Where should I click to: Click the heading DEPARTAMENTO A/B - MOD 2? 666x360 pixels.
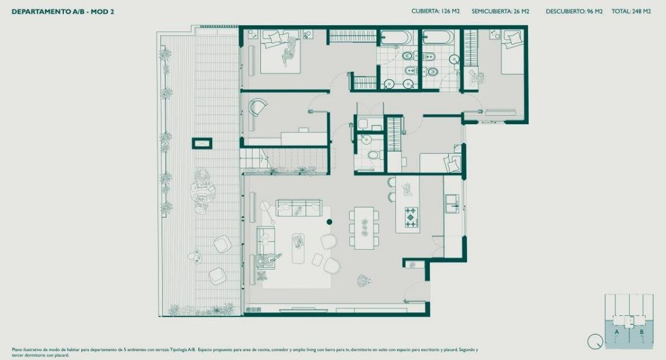[x=63, y=12]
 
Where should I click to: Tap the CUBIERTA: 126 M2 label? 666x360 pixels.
[x=435, y=11]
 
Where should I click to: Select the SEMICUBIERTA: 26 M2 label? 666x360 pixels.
[x=500, y=11]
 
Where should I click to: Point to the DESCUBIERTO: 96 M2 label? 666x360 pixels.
[x=574, y=11]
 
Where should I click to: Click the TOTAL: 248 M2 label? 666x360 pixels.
[x=631, y=11]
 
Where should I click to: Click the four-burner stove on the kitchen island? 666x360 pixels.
[x=411, y=216]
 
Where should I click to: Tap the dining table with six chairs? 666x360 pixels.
[x=364, y=227]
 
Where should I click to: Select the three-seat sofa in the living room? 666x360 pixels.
[x=298, y=208]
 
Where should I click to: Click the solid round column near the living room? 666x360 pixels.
[x=329, y=222]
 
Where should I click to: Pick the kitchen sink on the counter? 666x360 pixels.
[x=451, y=203]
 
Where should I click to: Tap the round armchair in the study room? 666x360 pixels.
[x=258, y=107]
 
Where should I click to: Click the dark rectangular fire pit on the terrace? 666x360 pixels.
[x=202, y=144]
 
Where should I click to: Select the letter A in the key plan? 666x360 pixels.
[x=617, y=332]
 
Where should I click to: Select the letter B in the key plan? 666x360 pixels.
[x=641, y=332]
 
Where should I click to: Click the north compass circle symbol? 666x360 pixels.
[x=595, y=341]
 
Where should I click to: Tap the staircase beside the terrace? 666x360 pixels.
[x=284, y=158]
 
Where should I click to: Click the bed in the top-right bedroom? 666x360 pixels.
[x=512, y=51]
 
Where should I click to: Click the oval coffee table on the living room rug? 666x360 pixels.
[x=298, y=248]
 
